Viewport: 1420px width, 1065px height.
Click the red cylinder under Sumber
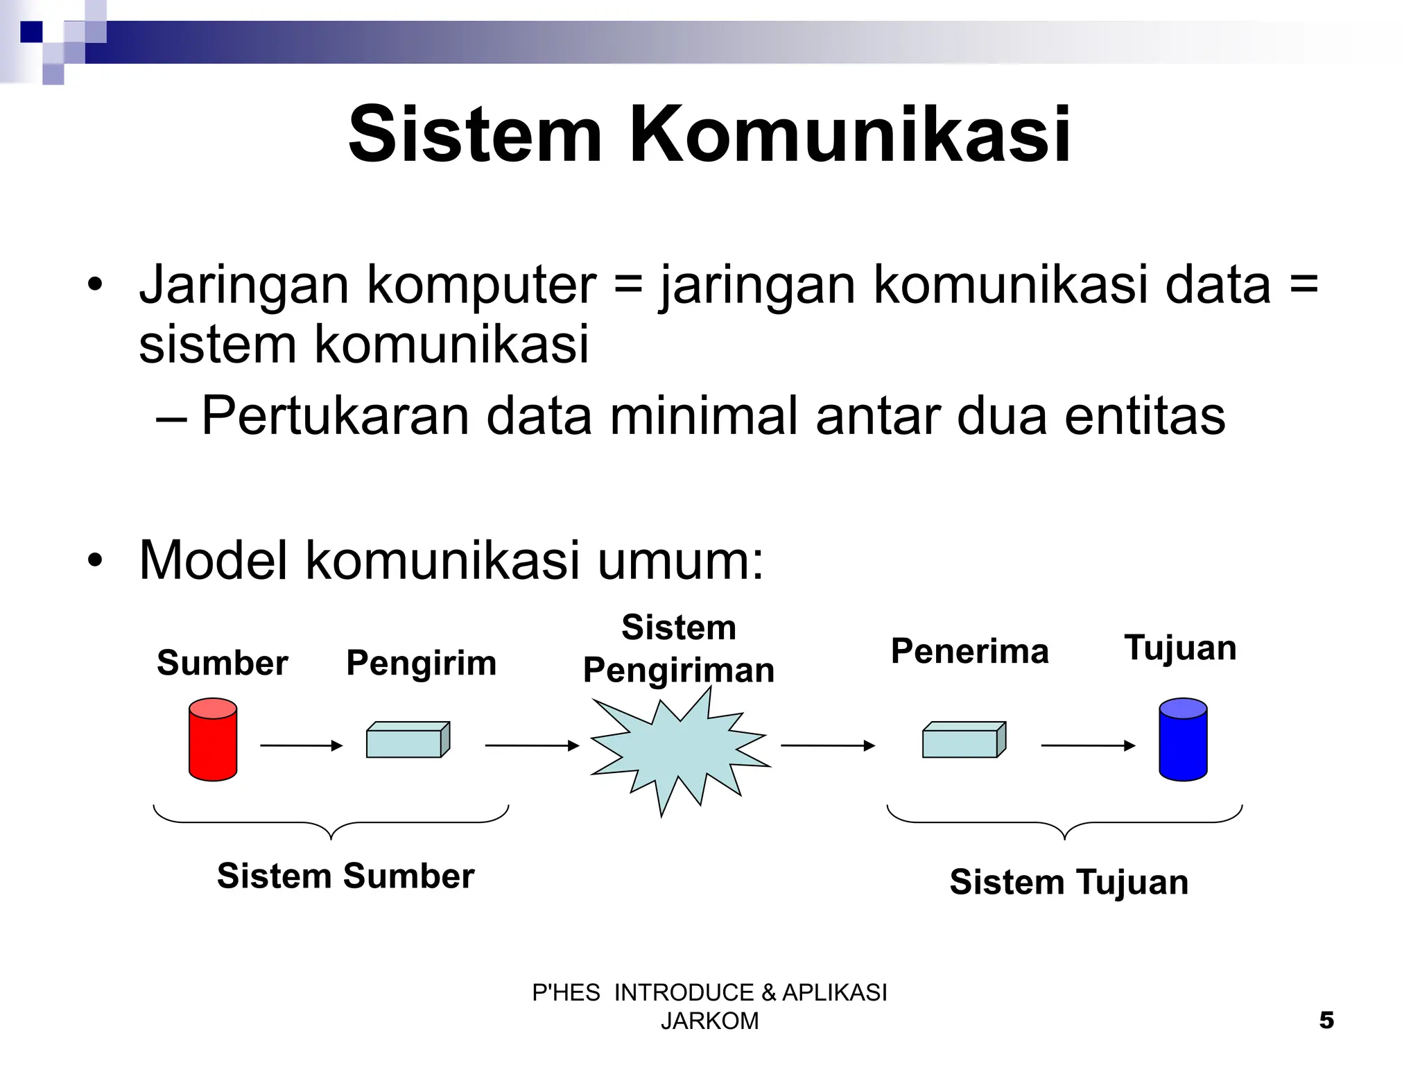213,740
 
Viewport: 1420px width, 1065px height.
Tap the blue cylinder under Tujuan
1183,740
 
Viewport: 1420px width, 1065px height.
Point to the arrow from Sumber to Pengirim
301,745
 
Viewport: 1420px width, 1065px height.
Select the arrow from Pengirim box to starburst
531,745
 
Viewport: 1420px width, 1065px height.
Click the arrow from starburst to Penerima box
827,745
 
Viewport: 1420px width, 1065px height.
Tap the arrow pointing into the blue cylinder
1088,745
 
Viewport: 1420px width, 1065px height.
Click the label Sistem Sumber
345,876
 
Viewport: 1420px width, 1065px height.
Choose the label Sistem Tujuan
1068,883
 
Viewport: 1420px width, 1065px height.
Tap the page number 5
1326,1021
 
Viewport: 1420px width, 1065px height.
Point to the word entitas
1145,416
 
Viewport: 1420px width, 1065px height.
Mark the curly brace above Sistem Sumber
331,822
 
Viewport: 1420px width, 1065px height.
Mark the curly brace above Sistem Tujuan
1064,822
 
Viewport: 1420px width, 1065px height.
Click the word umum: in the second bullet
680,560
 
